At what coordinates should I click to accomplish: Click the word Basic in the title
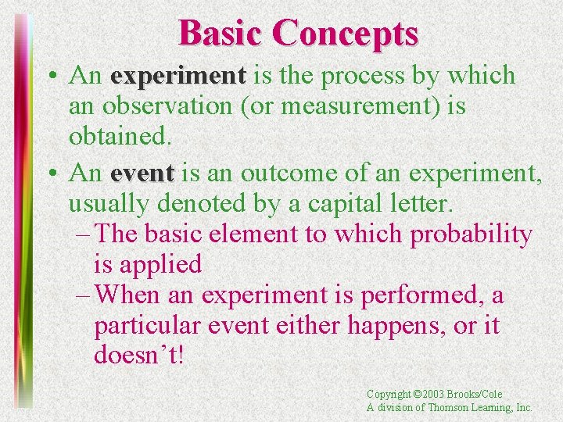pos(222,33)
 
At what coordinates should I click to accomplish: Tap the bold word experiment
pos(178,77)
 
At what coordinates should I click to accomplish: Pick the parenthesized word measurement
pos(345,106)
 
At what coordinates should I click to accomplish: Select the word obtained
pos(119,136)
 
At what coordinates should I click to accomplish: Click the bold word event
pos(142,172)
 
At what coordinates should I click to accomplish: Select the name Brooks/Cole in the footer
pos(479,395)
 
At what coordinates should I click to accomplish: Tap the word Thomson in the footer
pos(451,408)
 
